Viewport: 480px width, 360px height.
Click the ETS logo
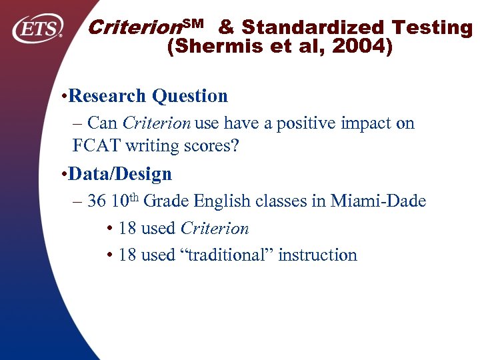click(38, 28)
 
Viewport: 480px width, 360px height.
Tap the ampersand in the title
click(226, 28)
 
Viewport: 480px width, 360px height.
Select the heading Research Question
click(148, 96)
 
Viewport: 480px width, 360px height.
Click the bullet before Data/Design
click(62, 175)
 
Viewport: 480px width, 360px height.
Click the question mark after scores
click(234, 145)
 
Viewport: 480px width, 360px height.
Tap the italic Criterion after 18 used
click(215, 229)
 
